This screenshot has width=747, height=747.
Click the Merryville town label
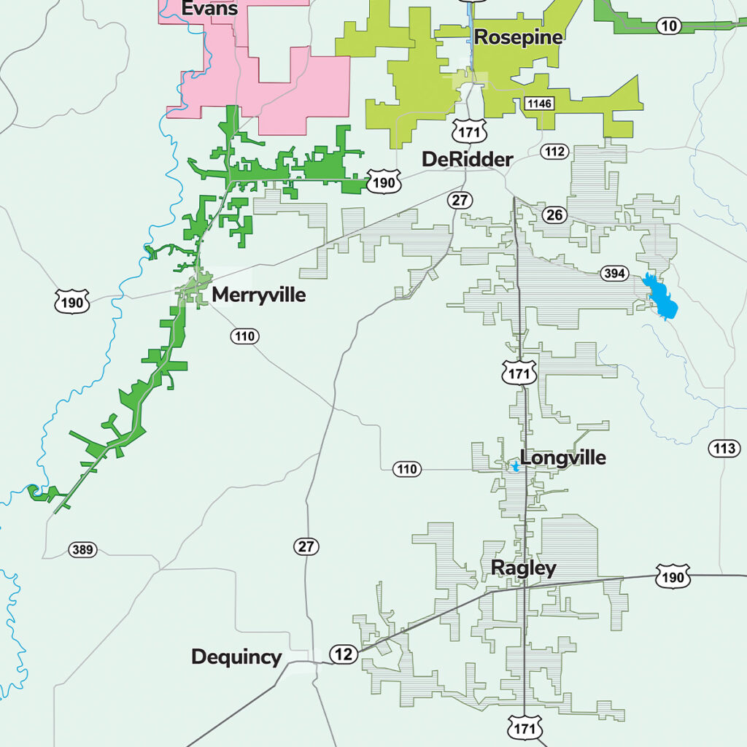[258, 295]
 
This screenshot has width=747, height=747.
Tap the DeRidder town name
[467, 159]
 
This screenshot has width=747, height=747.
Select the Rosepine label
[518, 37]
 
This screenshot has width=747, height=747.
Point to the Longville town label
[562, 458]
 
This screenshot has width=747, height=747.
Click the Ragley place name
[523, 568]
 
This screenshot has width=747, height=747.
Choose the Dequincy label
[236, 657]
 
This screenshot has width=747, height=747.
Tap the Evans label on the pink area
[209, 9]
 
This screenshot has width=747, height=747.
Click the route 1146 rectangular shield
[538, 104]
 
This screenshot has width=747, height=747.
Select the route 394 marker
[614, 274]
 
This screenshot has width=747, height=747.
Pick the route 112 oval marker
[554, 152]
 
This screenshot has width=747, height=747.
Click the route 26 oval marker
[555, 214]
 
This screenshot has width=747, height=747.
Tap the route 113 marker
[724, 448]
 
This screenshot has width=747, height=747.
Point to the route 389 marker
[82, 549]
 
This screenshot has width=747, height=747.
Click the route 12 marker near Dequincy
[344, 654]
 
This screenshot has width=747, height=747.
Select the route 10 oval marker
[668, 26]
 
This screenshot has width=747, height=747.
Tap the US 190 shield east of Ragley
[671, 578]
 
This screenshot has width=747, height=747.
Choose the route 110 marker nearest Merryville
[244, 336]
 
